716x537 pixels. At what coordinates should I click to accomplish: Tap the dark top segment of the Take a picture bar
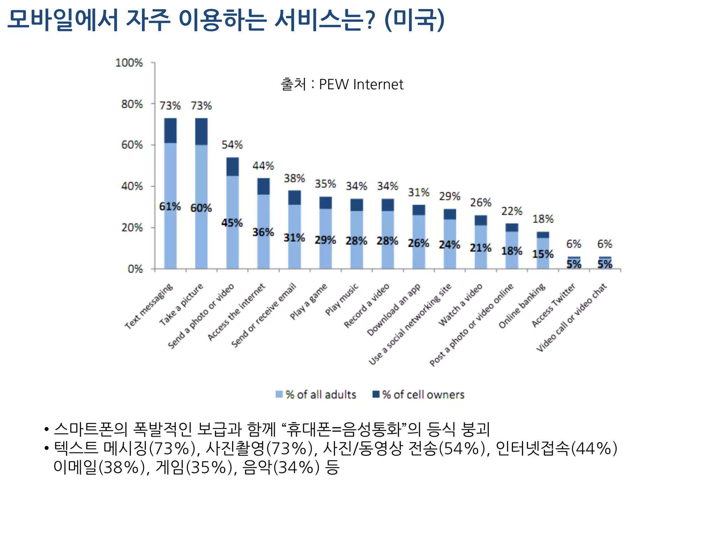[x=201, y=131]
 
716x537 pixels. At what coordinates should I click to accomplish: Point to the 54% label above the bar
[x=232, y=145]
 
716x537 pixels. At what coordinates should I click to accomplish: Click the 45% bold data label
[x=232, y=223]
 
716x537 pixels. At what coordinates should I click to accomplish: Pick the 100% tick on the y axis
[x=129, y=63]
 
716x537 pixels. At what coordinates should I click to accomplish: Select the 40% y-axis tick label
[x=132, y=186]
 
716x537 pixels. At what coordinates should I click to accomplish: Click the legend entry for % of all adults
[x=316, y=395]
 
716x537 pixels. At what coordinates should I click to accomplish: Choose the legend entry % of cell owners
[x=419, y=395]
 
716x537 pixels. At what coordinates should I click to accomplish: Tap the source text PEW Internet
[x=361, y=85]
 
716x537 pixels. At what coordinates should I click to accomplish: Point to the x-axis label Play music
[x=342, y=300]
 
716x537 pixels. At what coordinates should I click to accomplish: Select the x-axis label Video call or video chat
[x=572, y=318]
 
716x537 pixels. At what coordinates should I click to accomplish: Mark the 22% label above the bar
[x=511, y=211]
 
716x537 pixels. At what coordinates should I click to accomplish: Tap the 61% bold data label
[x=170, y=207]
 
